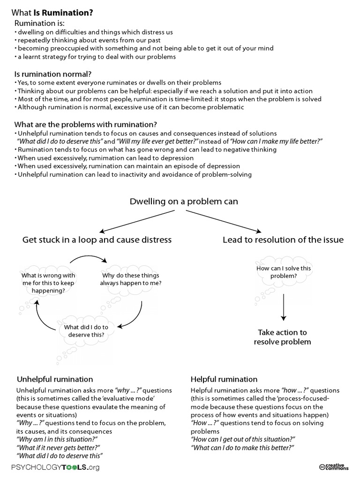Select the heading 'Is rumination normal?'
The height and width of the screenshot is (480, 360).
click(53, 74)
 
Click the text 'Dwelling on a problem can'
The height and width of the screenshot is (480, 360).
click(184, 202)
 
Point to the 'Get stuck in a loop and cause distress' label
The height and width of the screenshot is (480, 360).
click(97, 240)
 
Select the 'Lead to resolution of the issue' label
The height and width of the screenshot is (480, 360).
click(283, 240)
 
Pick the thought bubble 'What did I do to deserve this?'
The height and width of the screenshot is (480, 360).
click(86, 330)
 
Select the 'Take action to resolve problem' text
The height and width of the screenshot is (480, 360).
click(282, 337)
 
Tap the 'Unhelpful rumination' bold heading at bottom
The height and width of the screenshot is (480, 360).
click(55, 379)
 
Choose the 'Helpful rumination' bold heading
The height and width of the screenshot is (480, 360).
click(224, 379)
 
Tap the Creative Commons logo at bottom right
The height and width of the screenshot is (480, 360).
click(333, 466)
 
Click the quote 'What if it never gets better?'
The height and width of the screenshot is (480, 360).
click(58, 447)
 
